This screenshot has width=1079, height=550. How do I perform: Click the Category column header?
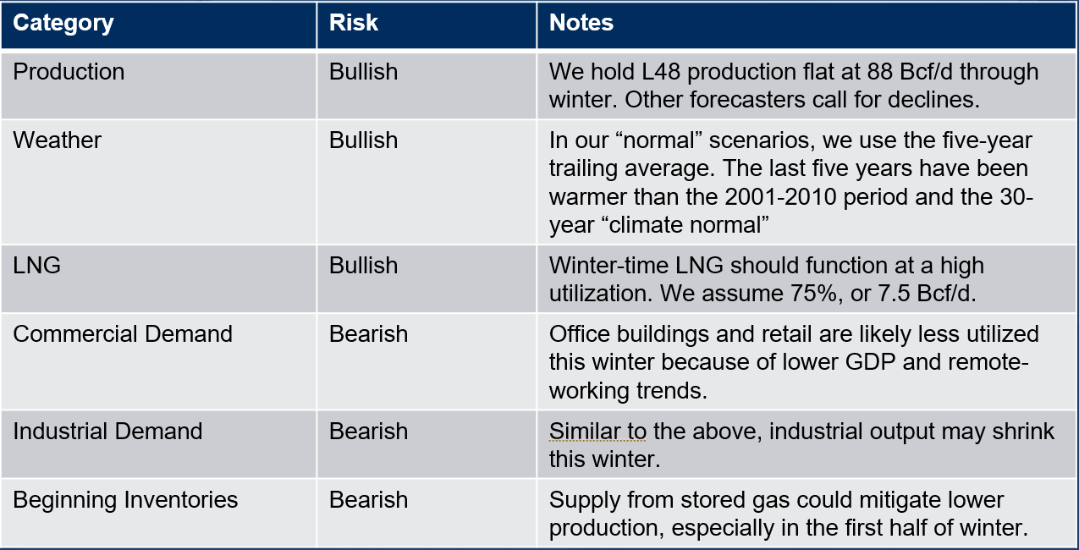[63, 23]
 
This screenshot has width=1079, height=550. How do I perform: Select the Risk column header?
[353, 23]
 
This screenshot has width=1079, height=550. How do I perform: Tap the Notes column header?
[581, 23]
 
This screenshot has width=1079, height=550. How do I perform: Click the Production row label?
[69, 72]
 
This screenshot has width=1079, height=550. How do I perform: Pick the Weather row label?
[57, 140]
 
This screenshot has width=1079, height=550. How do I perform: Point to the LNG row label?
[36, 266]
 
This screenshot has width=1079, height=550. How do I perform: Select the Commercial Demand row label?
[123, 333]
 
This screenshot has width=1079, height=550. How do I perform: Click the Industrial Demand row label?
[107, 431]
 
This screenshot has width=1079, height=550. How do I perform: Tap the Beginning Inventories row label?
[125, 500]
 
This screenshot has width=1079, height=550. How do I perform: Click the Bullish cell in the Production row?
[363, 72]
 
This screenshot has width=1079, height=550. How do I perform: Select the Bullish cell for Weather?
[363, 140]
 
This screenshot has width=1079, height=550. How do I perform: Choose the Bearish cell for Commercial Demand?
[368, 333]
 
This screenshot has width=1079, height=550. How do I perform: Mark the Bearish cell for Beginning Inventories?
[368, 499]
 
